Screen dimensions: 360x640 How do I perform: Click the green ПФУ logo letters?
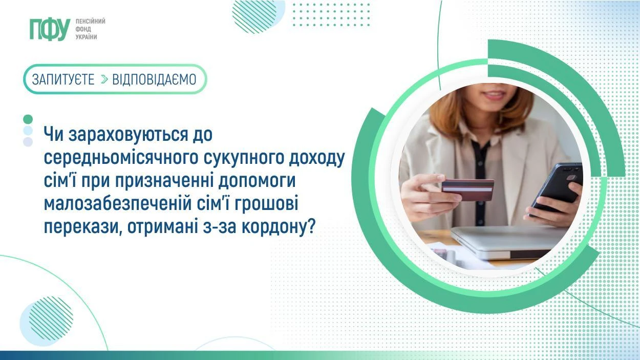click(49, 29)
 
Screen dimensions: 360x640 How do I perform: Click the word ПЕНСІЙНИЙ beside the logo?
click(90, 22)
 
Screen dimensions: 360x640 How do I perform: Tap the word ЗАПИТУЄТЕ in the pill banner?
click(63, 79)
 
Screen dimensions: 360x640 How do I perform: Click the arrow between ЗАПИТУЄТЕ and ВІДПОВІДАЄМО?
click(104, 79)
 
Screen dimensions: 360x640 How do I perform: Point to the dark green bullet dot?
click(28, 119)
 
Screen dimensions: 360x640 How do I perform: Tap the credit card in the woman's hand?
click(467, 189)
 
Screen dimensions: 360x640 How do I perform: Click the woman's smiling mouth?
click(494, 95)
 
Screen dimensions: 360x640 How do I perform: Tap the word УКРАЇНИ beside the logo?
click(86, 37)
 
